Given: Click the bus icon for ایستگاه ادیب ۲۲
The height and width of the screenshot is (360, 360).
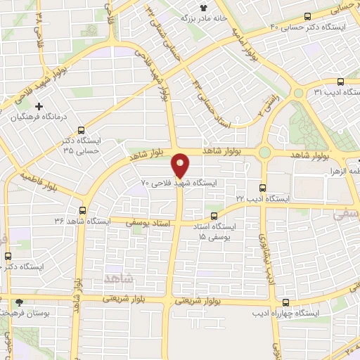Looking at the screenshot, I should pyautogui.click(x=262, y=188).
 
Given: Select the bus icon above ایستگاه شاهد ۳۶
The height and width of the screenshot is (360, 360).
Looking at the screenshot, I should pyautogui.click(x=83, y=210).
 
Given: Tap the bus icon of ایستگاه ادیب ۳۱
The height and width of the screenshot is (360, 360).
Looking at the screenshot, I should pyautogui.click(x=340, y=81).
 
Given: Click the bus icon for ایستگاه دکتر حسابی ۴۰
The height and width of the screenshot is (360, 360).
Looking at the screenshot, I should pyautogui.click(x=308, y=17).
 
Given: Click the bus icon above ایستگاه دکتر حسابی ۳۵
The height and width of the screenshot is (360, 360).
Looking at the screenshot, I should pyautogui.click(x=81, y=129).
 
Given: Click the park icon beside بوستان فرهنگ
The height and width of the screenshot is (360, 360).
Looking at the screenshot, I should pyautogui.click(x=19, y=302).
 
